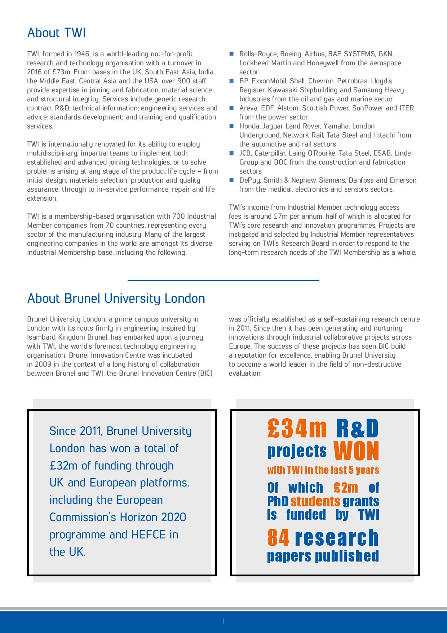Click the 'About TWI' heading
[x=56, y=33]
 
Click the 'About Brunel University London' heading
[x=116, y=298]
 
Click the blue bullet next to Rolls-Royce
[x=232, y=54]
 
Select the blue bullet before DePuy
[x=232, y=180]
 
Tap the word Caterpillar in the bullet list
[x=269, y=153]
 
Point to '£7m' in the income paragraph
[x=280, y=217]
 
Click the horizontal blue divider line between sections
[x=223, y=280]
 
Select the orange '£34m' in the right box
[x=297, y=428]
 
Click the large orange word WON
[x=357, y=451]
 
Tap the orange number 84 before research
[x=278, y=538]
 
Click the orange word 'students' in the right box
[x=315, y=501]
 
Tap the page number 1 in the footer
[x=223, y=621]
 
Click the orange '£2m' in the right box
[x=346, y=488]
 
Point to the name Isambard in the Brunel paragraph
[x=41, y=337]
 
